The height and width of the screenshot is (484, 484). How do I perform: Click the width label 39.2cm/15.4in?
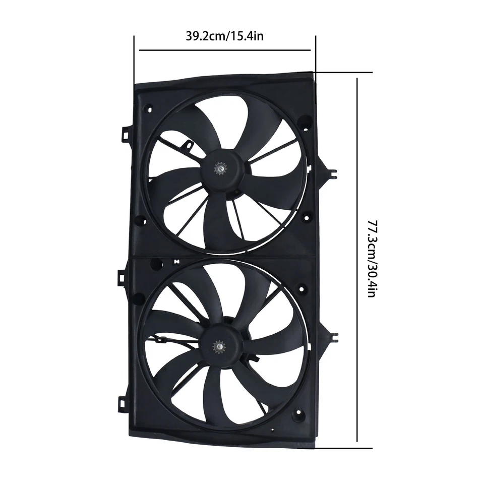click(x=224, y=36)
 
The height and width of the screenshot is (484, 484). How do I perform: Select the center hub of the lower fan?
click(x=221, y=346)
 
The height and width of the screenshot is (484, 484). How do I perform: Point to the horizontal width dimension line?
click(x=224, y=50)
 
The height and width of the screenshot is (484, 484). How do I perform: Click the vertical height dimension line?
click(x=357, y=260)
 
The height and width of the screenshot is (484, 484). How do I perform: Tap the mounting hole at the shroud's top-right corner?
click(x=305, y=121)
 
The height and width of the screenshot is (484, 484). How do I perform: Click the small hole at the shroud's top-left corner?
click(x=149, y=108)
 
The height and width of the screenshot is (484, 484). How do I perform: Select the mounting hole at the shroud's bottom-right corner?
click(x=298, y=415)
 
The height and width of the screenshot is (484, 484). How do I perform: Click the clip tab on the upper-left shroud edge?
click(x=125, y=134)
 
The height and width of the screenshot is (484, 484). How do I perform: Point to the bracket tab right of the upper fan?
click(x=330, y=172)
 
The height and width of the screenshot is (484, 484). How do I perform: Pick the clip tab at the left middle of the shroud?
click(x=123, y=277)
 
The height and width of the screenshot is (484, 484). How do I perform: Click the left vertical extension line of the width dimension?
click(x=135, y=60)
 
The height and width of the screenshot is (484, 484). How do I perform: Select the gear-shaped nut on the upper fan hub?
click(x=221, y=167)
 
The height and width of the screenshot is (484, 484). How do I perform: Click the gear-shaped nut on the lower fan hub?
click(x=219, y=346)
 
